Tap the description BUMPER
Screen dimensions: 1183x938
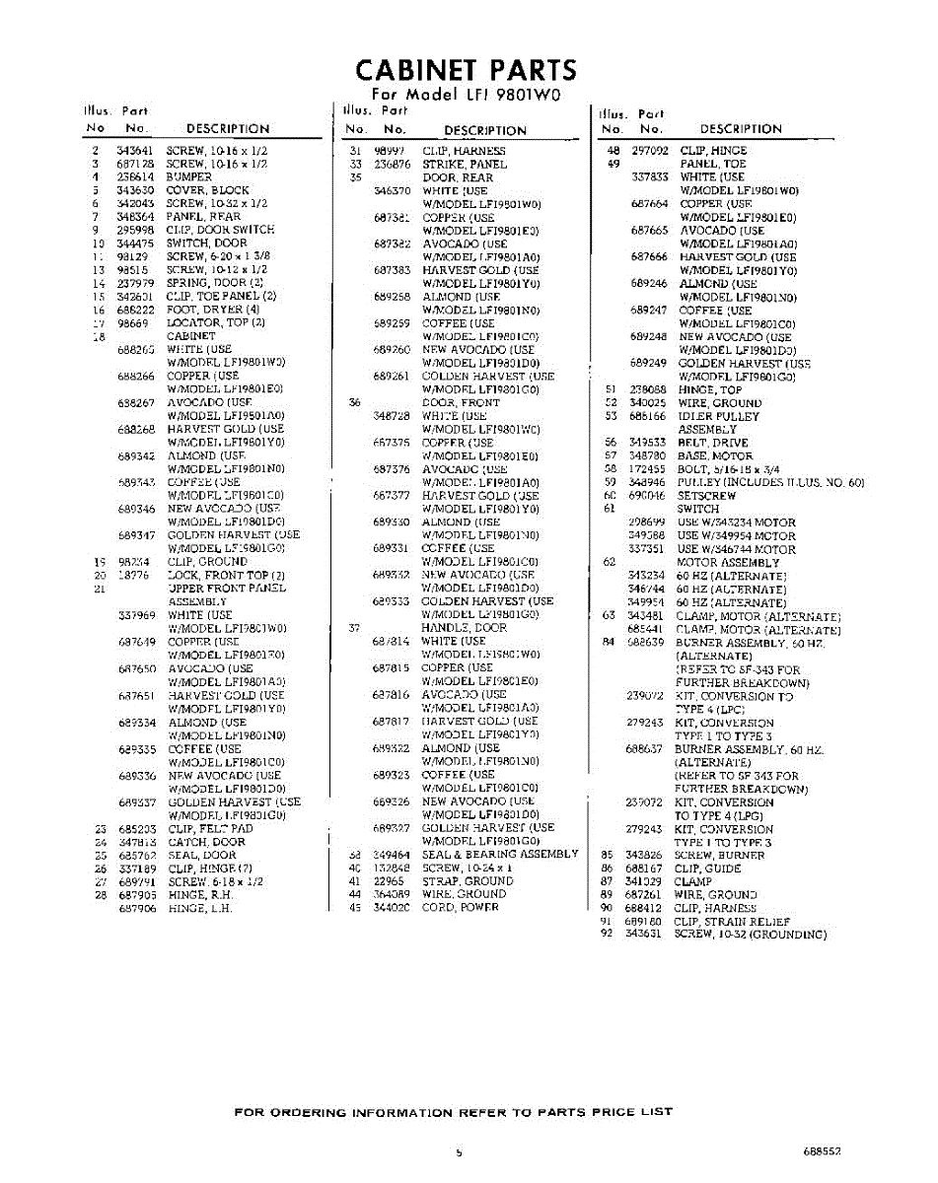click(x=188, y=177)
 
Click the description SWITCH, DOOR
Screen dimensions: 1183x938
click(x=206, y=244)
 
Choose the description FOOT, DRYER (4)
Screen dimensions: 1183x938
click(x=212, y=310)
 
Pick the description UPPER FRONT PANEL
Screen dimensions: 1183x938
click(x=227, y=589)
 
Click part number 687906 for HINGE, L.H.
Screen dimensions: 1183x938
click(x=136, y=909)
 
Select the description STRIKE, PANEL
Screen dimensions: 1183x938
click(x=465, y=165)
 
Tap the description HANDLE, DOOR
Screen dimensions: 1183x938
click(x=464, y=628)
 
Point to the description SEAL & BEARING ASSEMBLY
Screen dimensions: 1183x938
click(x=499, y=855)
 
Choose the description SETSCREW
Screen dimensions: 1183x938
click(x=705, y=496)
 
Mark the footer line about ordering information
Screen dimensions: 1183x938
click(x=453, y=1112)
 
